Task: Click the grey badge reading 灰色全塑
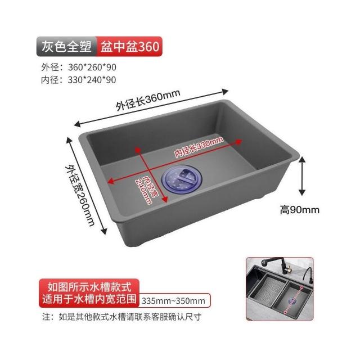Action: pos(66,46)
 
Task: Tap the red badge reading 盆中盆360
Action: pos(129,46)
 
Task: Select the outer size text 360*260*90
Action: pos(92,67)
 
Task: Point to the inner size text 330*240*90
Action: pos(92,80)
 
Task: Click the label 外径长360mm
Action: pos(148,100)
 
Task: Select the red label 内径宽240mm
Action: pos(146,190)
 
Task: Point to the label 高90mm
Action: pos(300,210)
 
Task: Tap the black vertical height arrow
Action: pos(302,176)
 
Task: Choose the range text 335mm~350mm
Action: pos(173,301)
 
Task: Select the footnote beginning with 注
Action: pos(122,317)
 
